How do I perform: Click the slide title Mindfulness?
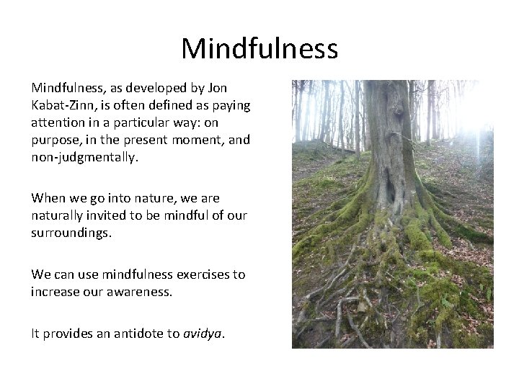(259, 49)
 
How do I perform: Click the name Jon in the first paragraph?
(217, 88)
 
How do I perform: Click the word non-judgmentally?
(82, 157)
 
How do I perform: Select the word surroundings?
(71, 232)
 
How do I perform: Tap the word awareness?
(138, 291)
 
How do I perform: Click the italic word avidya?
(203, 333)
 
